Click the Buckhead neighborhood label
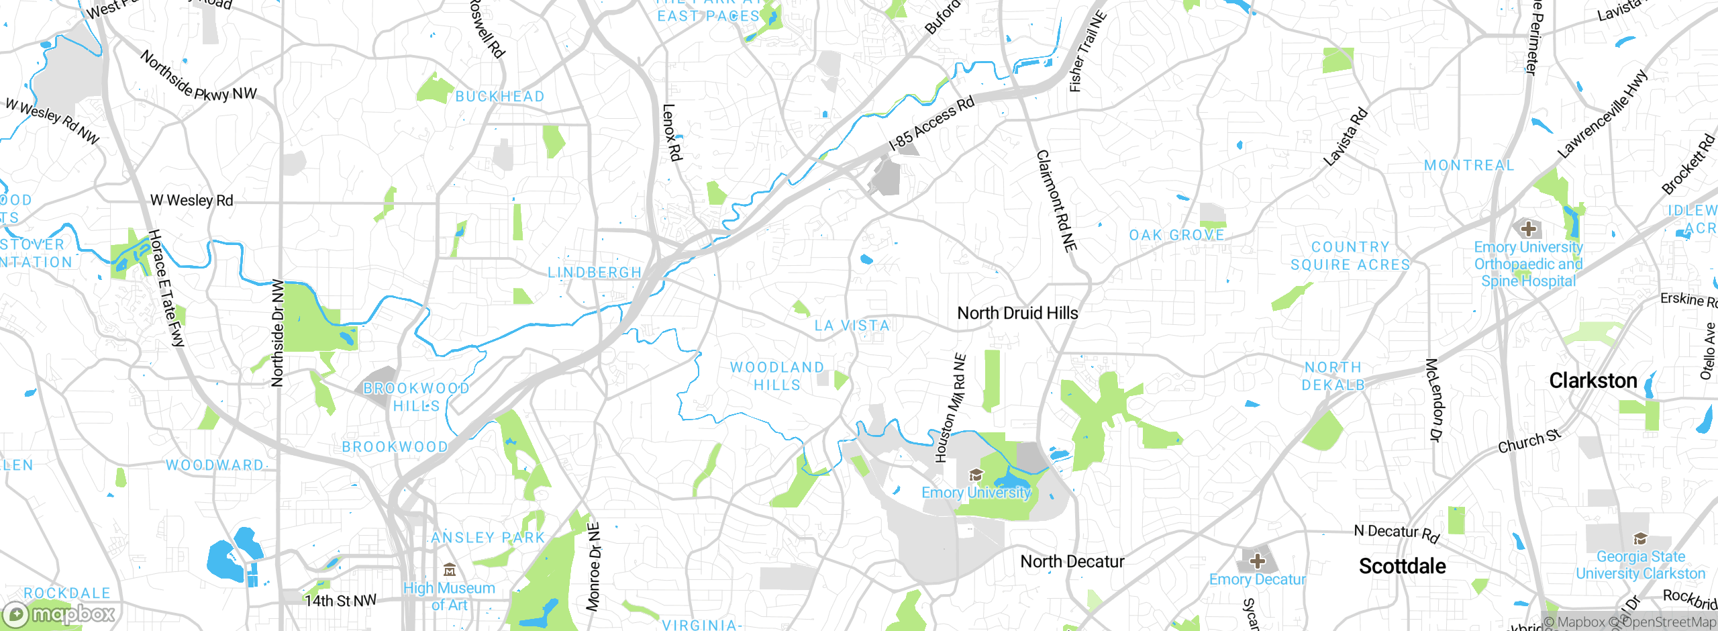[x=500, y=97]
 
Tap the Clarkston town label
[x=1593, y=381]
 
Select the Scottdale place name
[x=1402, y=566]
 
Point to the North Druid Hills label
[x=1017, y=313]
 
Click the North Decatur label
[x=1072, y=561]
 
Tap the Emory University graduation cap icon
[x=976, y=475]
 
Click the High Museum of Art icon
[x=450, y=571]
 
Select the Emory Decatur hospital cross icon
[x=1257, y=561]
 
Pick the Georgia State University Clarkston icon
[x=1640, y=538]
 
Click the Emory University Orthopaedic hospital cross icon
[x=1528, y=228]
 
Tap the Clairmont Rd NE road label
[x=1057, y=201]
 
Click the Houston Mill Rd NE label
[x=951, y=408]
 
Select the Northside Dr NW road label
[x=277, y=334]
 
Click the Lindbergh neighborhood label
[x=595, y=273]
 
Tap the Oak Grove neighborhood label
[x=1176, y=235]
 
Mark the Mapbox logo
[x=59, y=614]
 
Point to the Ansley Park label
[x=488, y=538]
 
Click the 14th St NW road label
[x=340, y=600]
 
